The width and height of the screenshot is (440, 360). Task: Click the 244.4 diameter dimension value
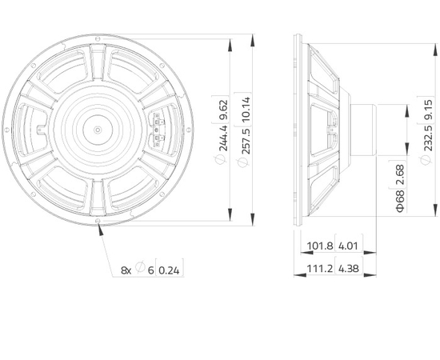click(x=223, y=138)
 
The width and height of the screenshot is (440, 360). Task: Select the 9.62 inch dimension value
click(x=223, y=110)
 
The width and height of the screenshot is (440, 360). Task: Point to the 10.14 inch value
click(x=246, y=109)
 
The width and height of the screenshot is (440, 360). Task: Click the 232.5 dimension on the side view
click(x=428, y=138)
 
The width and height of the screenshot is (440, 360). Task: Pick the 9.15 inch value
click(x=428, y=110)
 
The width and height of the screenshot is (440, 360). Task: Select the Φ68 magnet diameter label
click(x=401, y=201)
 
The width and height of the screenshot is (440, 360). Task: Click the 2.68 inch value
click(x=401, y=174)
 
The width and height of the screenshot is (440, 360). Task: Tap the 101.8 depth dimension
click(x=320, y=246)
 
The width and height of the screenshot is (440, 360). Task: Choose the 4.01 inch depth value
click(x=348, y=246)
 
